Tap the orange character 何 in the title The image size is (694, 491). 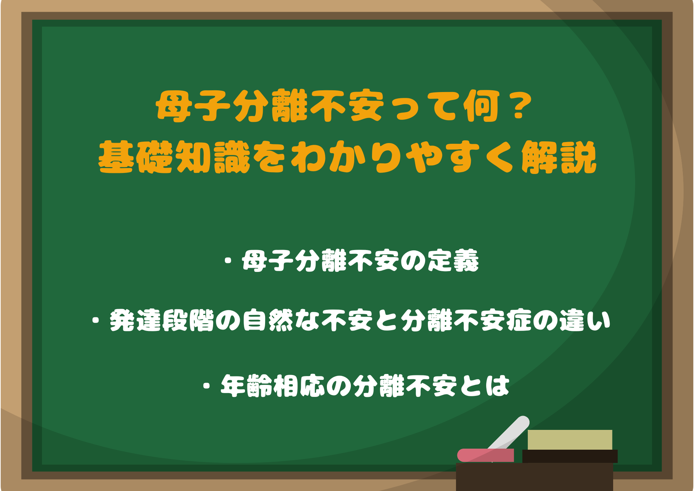[x=483, y=106]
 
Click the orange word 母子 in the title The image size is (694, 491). [x=193, y=106]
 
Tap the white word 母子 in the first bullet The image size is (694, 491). [x=268, y=261]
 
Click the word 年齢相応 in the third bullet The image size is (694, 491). [x=272, y=386]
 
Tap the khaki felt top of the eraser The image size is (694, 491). [x=570, y=440]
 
